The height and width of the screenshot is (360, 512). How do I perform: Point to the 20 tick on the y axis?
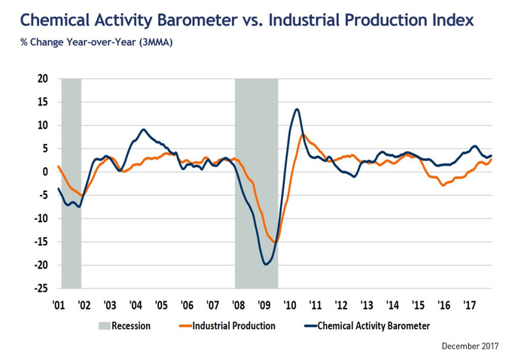(42, 78)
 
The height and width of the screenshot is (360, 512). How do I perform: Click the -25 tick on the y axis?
(41, 288)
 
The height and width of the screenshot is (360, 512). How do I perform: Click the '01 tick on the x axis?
(57, 305)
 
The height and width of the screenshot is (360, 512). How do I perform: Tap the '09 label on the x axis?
(264, 305)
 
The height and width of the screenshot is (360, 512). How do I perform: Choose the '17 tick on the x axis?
(470, 305)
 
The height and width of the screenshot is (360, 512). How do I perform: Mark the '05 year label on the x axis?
(160, 305)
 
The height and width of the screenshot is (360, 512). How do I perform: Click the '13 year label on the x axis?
(367, 305)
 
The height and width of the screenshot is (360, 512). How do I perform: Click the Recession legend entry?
(131, 326)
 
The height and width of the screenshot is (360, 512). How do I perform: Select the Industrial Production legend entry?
(233, 326)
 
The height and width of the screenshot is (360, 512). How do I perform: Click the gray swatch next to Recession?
(104, 326)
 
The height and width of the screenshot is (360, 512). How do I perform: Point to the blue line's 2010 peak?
(297, 109)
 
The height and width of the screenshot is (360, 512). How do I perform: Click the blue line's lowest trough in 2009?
(267, 264)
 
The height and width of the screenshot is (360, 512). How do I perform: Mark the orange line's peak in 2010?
(303, 136)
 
